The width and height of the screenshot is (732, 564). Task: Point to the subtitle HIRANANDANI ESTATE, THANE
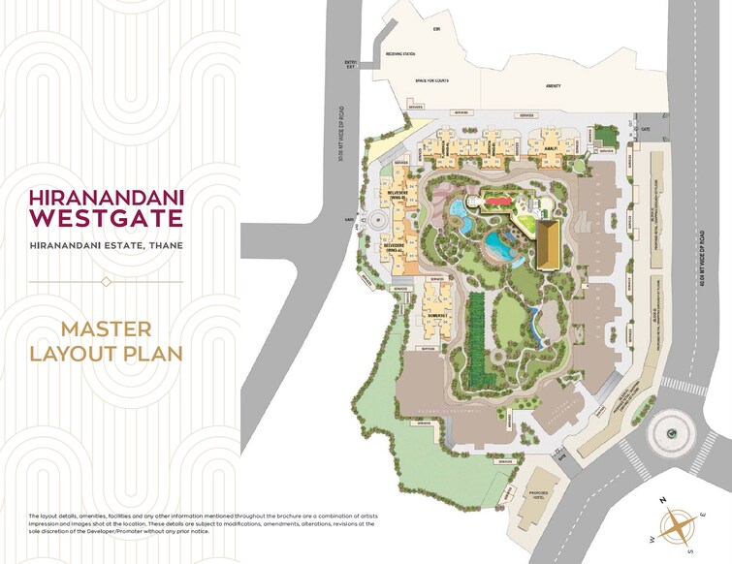(106, 245)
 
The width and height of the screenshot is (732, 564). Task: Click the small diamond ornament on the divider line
(106, 281)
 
